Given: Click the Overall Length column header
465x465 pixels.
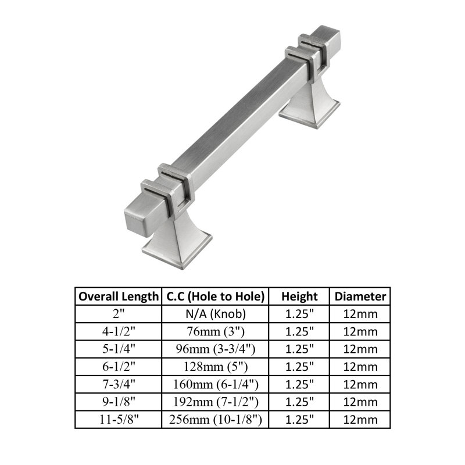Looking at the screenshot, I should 118,296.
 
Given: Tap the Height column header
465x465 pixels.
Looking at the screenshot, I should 299,296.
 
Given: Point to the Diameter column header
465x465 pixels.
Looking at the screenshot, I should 360,296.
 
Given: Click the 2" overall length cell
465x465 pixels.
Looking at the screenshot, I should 118,314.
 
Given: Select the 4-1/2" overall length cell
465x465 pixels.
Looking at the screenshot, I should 118,332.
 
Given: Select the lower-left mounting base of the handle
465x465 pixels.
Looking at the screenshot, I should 169,241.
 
